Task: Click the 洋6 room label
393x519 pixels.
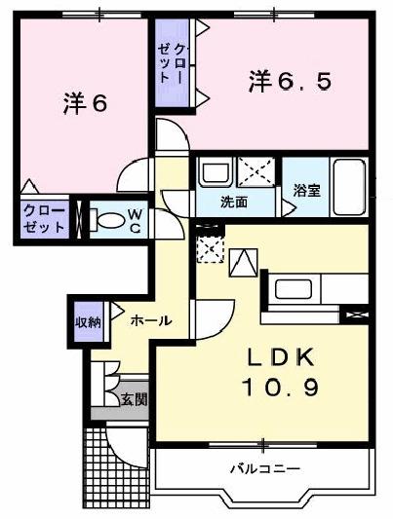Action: click(x=86, y=101)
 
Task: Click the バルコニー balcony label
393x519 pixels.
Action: click(x=264, y=468)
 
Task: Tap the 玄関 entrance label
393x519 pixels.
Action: click(x=135, y=398)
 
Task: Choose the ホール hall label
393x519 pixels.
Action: click(x=150, y=319)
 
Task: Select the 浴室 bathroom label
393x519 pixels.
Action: click(x=307, y=191)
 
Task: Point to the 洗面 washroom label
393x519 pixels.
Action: click(x=233, y=204)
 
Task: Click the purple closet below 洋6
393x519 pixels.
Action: click(x=46, y=218)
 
